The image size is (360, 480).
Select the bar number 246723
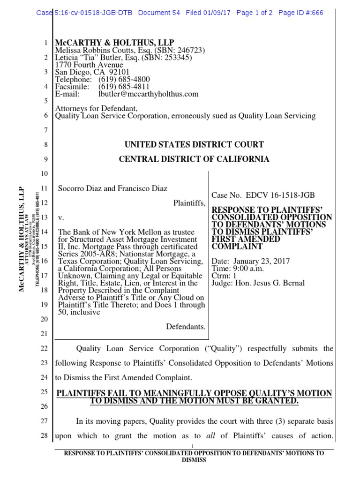pyautogui.click(x=188, y=51)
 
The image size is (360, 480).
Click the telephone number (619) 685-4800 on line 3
pyautogui.click(x=124, y=79)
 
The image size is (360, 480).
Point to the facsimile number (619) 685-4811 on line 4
pyautogui.click(x=124, y=87)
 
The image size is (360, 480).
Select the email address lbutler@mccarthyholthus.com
pyautogui.click(x=148, y=94)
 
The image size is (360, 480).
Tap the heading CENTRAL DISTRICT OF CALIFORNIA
pyautogui.click(x=194, y=159)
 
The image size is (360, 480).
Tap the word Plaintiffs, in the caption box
pyautogui.click(x=189, y=202)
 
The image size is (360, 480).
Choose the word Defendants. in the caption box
pyautogui.click(x=186, y=326)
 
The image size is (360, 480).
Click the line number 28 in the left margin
pyautogui.click(x=45, y=436)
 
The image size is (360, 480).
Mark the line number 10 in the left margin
pyautogui.click(x=45, y=174)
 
